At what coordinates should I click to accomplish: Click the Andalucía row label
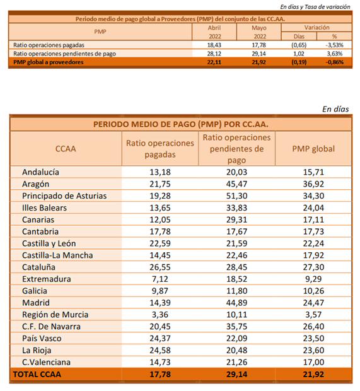pos(40,172)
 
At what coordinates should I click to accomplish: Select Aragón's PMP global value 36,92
pos(313,184)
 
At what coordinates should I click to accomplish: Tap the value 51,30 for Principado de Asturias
pos(236,196)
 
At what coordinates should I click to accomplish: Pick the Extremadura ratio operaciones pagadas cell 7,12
pos(160,279)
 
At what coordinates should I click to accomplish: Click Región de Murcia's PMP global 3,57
pos(313,315)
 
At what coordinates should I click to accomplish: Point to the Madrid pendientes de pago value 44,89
pos(236,303)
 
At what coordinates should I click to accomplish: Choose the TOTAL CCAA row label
pos(37,375)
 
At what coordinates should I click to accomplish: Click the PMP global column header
pos(313,149)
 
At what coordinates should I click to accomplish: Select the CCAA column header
pos(66,149)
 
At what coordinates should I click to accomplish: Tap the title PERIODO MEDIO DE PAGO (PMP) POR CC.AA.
pos(181,124)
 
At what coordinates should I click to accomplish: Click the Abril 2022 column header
pos(214,32)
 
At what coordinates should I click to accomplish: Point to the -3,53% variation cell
pos(334,45)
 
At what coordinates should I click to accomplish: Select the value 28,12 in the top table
pos(214,54)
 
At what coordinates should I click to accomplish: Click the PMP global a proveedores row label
pos(49,62)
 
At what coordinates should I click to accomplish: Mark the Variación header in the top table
pos(316,27)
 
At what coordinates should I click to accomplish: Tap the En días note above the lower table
pos(335,109)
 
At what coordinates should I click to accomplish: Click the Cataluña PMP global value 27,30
pos(313,267)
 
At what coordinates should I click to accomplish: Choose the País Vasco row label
pos(42,339)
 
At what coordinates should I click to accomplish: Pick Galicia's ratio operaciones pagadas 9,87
pos(160,291)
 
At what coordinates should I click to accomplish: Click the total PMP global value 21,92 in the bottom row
pos(313,375)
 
